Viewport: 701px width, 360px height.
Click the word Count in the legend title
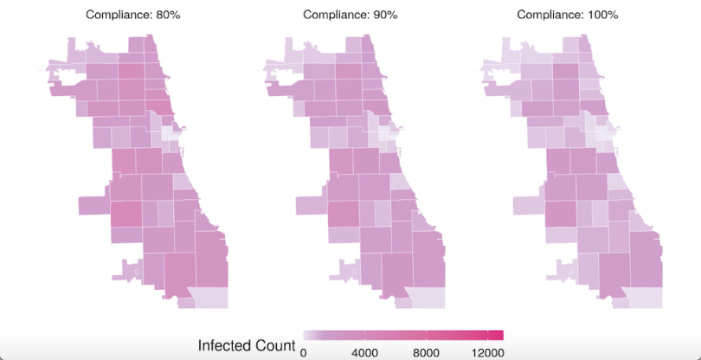(278, 346)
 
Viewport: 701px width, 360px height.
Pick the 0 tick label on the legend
(303, 352)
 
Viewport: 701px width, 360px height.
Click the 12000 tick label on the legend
(487, 352)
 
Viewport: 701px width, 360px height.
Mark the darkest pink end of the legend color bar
(498, 336)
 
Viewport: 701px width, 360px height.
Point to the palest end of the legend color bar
(306, 336)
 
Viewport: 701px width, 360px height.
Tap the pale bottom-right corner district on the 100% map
(644, 298)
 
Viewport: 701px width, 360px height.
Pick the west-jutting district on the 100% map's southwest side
(529, 205)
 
